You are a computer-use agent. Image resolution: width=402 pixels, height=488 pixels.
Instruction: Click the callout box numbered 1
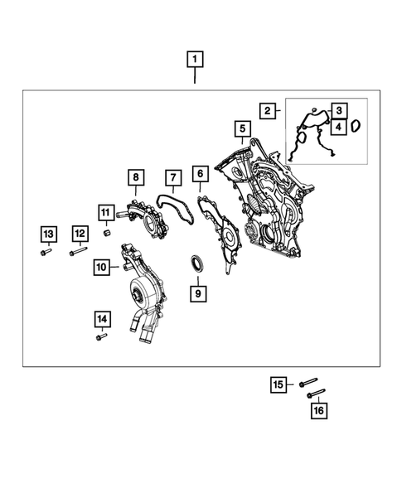pos(195,59)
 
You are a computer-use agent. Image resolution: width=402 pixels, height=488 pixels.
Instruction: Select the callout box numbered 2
pos(268,111)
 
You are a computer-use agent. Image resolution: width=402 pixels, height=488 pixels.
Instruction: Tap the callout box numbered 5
pos(243,128)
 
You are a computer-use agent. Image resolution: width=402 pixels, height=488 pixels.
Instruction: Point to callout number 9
pos(198,293)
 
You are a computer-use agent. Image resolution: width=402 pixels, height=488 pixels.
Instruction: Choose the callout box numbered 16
pos(319,410)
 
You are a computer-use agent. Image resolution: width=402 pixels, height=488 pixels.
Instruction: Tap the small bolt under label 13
pos(46,252)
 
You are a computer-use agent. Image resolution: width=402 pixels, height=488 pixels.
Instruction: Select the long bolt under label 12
pos(79,251)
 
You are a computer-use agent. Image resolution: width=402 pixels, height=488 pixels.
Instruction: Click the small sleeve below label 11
pos(107,233)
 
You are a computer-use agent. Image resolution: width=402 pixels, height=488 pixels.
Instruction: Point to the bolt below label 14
pos(101,336)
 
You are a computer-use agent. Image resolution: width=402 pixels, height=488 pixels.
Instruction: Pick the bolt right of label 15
pos(308,383)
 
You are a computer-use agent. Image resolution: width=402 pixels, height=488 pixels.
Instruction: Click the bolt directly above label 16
pos(316,394)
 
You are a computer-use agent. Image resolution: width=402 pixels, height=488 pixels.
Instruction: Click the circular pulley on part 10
pos(139,290)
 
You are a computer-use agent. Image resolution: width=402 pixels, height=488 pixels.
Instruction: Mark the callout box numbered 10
pos(101,267)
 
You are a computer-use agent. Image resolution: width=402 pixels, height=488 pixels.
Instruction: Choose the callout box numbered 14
pos(103,319)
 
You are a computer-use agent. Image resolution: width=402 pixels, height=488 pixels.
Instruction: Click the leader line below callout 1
pos(195,75)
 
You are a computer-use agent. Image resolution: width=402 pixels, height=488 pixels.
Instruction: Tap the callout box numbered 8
pos(136,177)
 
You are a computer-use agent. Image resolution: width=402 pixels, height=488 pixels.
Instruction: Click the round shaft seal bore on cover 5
pos(268,233)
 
